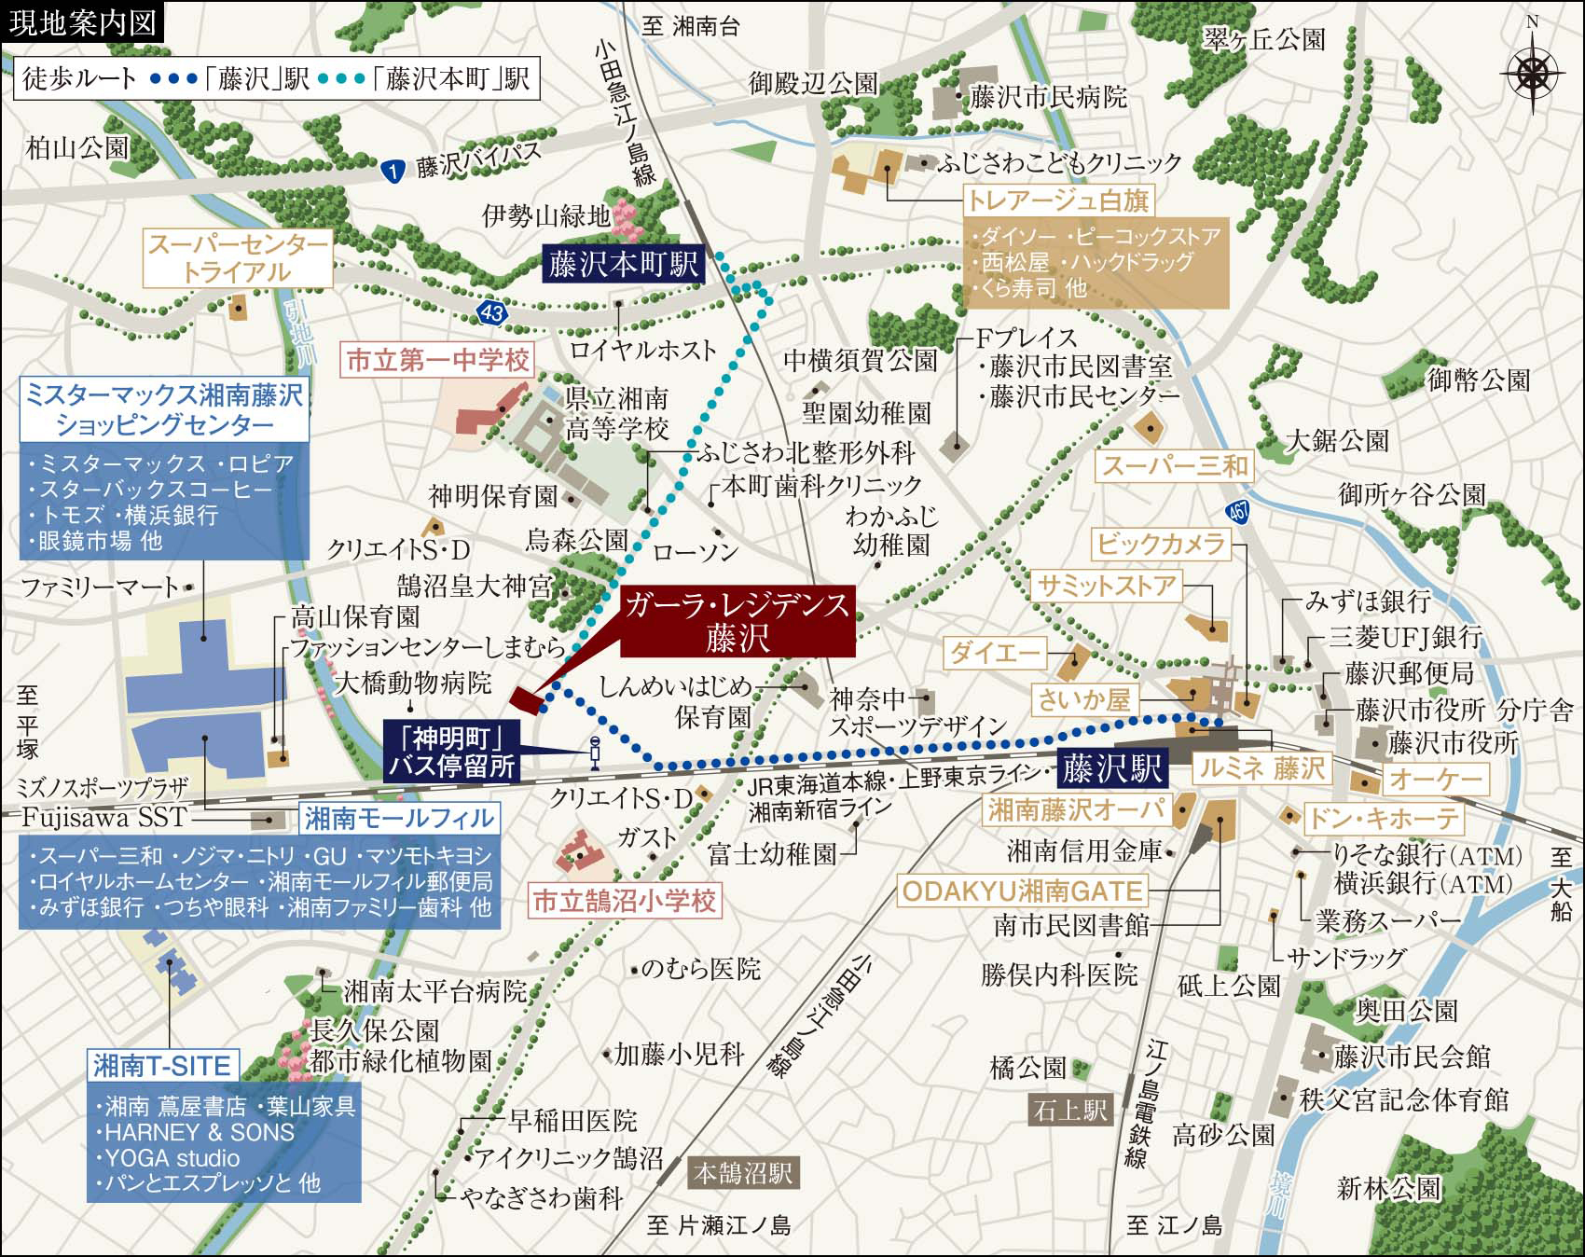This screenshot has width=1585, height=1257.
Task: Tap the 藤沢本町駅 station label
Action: [x=624, y=265]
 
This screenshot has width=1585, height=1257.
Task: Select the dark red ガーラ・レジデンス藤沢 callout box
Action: [x=737, y=621]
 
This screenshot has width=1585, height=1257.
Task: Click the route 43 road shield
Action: [x=492, y=313]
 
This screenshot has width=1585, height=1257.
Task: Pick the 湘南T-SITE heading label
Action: [x=162, y=1065]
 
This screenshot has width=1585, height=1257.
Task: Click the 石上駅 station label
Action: [x=1069, y=1110]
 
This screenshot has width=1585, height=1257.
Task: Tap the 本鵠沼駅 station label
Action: [x=743, y=1173]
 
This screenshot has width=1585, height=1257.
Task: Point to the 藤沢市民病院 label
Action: [x=1048, y=97]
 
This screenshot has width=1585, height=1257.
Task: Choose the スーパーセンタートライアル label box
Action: [x=239, y=259]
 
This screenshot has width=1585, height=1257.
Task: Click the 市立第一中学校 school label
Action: [x=437, y=360]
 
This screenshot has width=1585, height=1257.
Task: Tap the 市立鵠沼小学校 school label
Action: [x=624, y=901]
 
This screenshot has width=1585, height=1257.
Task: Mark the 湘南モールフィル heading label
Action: [x=399, y=819]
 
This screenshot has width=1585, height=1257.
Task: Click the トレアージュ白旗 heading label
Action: [x=1057, y=200]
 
